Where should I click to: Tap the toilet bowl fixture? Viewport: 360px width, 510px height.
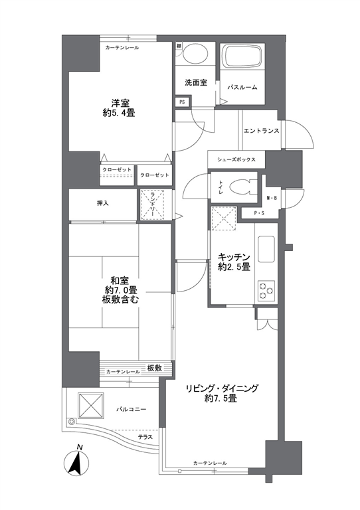pos(240,188)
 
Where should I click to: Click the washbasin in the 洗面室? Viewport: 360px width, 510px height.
pos(195,53)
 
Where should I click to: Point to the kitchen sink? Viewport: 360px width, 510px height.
pos(266,249)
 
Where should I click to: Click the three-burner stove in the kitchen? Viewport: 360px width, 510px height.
pos(266,291)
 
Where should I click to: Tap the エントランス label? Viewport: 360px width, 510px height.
pos(262,131)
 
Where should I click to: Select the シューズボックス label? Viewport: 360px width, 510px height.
pos(236,159)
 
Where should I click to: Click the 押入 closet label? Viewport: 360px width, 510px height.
pos(103,204)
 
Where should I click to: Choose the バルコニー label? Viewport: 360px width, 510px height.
pos(132,409)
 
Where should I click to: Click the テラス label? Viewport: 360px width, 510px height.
pos(145,437)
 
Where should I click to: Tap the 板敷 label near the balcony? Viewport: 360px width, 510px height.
pos(155,368)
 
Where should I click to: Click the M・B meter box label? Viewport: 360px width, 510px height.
pos(272,198)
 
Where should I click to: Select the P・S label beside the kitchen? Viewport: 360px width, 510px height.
pos(259,214)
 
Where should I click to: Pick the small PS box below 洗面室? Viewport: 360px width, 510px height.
pos(182,102)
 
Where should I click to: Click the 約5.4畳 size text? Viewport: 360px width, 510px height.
pos(119,113)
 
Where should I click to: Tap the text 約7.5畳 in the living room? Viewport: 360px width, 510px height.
pos(221,398)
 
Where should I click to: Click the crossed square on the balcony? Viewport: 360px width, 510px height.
pos(91,405)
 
